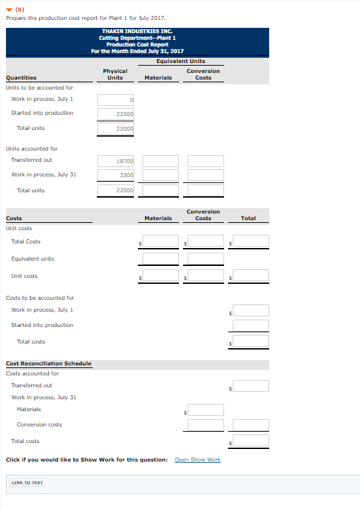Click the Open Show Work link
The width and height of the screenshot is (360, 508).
(198, 460)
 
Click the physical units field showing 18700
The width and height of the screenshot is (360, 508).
(116, 161)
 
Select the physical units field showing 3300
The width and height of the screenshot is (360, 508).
(116, 175)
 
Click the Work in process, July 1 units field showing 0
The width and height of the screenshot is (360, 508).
(116, 99)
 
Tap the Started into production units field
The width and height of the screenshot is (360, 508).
(116, 113)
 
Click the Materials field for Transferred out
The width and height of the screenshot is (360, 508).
(160, 161)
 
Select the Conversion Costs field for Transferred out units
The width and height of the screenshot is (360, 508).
(206, 161)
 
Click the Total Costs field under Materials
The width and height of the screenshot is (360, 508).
(160, 241)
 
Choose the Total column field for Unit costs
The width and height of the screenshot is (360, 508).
(251, 276)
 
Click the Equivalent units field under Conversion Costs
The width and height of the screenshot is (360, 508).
(206, 259)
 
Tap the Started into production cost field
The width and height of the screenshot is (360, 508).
(251, 326)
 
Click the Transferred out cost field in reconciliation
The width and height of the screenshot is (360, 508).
(251, 386)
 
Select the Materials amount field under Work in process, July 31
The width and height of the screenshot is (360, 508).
(206, 411)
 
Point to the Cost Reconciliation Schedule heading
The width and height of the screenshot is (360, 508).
(49, 363)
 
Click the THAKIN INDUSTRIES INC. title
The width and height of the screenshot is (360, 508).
(139, 31)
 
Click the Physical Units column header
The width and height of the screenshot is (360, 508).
(115, 74)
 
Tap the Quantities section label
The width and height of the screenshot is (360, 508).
(21, 78)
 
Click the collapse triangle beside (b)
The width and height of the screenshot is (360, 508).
(9, 9)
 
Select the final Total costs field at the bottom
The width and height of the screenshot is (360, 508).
(251, 441)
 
